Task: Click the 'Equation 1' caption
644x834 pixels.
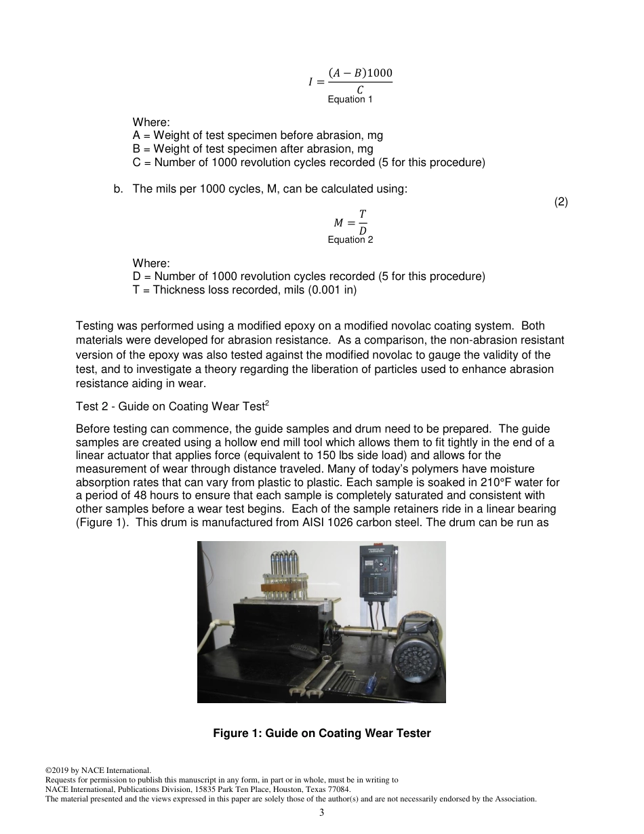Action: (x=350, y=100)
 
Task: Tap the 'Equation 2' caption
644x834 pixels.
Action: (x=350, y=240)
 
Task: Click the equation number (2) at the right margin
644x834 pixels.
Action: (x=561, y=202)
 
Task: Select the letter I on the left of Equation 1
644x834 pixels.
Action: (x=311, y=82)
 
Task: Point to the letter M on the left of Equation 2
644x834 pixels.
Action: (x=339, y=223)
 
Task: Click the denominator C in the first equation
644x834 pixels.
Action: (x=360, y=90)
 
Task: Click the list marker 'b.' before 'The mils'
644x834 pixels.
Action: (x=119, y=189)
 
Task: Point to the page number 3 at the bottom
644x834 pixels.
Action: (x=322, y=813)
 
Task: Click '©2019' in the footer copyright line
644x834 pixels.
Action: (x=58, y=770)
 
